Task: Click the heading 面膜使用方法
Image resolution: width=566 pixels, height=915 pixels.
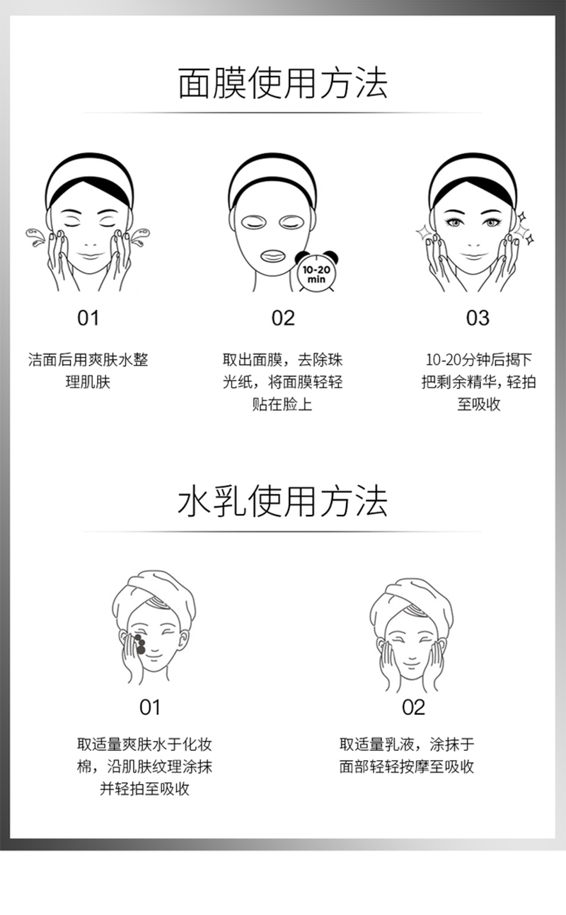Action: [x=283, y=83]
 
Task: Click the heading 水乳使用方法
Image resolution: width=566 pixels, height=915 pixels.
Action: [x=283, y=501]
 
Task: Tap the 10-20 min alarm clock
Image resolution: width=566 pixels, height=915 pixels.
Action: [x=317, y=271]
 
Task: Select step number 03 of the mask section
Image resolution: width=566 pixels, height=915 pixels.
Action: [x=478, y=317]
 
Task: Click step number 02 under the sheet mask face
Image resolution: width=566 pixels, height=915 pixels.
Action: [x=283, y=317]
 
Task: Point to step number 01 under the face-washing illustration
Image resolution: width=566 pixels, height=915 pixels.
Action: [x=88, y=317]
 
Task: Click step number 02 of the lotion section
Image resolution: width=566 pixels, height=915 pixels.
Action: [x=414, y=707]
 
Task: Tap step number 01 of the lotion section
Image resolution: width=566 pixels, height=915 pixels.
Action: [x=150, y=707]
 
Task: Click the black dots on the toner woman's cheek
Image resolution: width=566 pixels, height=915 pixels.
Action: [x=140, y=644]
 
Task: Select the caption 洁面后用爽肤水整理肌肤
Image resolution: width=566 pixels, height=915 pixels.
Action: [x=88, y=371]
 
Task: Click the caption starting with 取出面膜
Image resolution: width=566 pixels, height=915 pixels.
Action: [x=283, y=382]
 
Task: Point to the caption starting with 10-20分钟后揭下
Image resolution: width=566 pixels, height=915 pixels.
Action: [x=478, y=382]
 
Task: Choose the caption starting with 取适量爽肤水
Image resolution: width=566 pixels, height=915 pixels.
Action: [x=144, y=767]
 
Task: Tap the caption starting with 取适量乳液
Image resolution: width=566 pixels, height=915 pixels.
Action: [x=407, y=755]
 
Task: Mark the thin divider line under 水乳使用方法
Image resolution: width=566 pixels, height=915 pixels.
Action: [x=283, y=532]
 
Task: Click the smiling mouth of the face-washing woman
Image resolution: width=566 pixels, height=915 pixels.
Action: [x=90, y=256]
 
